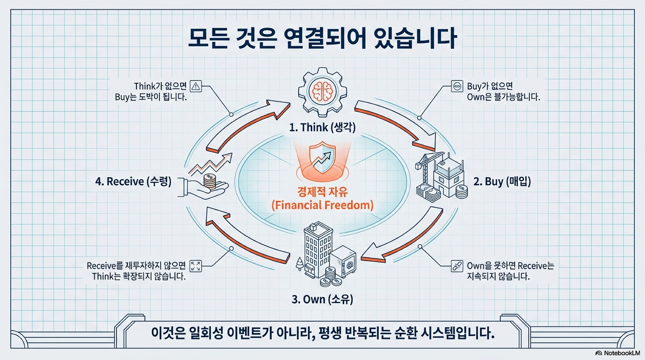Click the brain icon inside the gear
point(322,91)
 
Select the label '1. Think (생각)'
point(322,128)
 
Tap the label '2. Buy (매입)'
point(502,182)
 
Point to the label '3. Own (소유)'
point(322,299)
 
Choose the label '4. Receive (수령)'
point(133,182)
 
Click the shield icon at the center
point(322,157)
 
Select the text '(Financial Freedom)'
point(322,205)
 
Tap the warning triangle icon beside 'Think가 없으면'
point(196,86)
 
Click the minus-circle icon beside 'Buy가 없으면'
point(457,86)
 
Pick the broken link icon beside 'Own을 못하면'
point(457,266)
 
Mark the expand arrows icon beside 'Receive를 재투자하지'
point(196,266)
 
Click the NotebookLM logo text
point(621,353)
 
